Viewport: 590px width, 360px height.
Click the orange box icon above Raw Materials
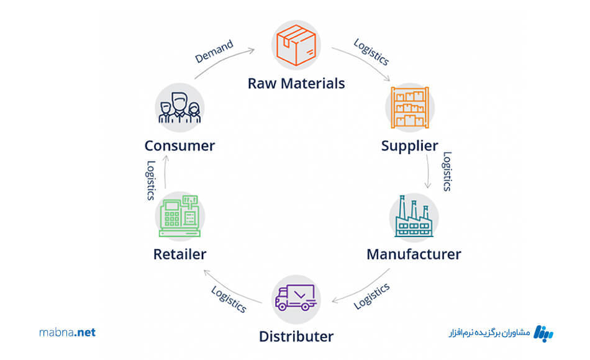pos(296,44)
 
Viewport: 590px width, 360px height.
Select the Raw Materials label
pos(296,83)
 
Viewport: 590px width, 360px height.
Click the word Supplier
pos(409,146)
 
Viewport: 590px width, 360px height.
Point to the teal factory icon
pos(414,217)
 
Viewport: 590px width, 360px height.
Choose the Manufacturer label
pos(414,254)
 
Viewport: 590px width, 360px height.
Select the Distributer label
pos(296,337)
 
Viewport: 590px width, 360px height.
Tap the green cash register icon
pos(180,215)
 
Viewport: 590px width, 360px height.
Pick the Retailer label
pos(179,254)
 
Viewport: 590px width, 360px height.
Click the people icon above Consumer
pos(179,107)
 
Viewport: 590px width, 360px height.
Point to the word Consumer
pos(179,146)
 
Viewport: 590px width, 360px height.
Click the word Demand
pos(214,52)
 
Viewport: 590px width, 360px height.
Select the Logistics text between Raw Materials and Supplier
pos(371,53)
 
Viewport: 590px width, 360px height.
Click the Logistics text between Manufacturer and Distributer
pos(371,296)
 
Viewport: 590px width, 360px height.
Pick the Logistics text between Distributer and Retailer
pos(229,299)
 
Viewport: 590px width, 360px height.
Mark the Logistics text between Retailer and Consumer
pos(150,180)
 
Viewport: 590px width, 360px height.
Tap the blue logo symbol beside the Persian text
pos(544,333)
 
